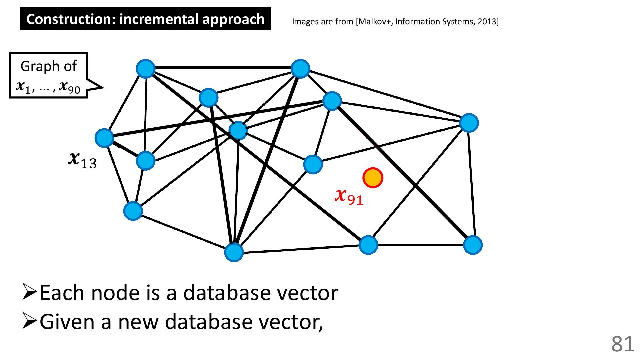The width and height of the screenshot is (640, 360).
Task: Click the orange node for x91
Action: coord(373,178)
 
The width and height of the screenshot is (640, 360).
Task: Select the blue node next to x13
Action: coord(104,138)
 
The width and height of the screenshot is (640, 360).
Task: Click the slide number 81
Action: coord(622,344)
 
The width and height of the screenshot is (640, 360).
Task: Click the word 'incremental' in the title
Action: coord(159,19)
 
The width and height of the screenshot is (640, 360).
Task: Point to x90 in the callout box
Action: coord(70,87)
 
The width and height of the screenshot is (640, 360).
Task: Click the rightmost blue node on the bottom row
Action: coord(473,245)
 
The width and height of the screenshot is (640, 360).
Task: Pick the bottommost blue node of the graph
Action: coord(234,252)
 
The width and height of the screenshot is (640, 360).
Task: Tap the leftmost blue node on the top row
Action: coord(146,69)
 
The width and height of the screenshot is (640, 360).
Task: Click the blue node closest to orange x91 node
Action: coord(313,164)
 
